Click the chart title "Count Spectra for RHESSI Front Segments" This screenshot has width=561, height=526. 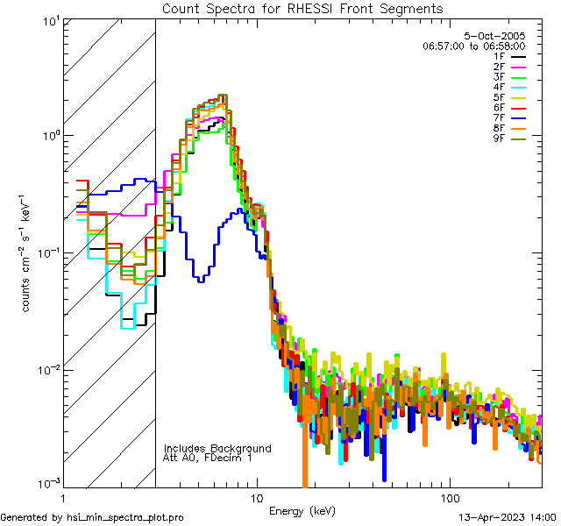[x=302, y=8]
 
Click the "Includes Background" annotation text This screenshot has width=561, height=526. [x=217, y=448]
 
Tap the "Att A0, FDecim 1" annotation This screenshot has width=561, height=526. [x=207, y=458]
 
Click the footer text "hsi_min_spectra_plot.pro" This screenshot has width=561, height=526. [x=125, y=517]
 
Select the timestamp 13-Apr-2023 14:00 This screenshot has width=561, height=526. [x=508, y=517]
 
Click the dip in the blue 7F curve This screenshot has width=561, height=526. [x=202, y=279]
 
